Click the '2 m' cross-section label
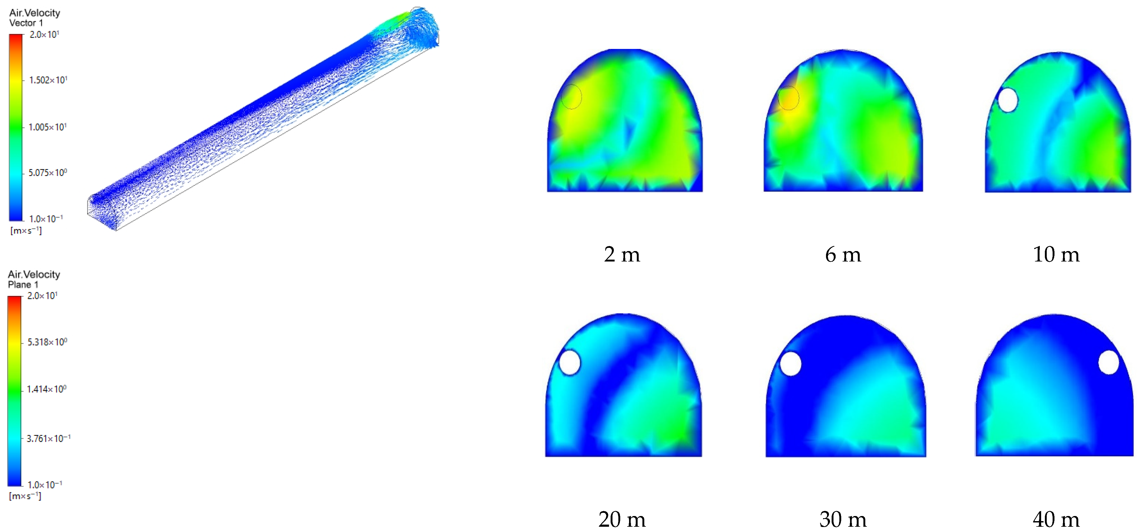tap(622, 255)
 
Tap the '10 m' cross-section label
tap(1056, 255)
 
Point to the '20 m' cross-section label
tap(622, 519)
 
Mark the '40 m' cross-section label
tap(1056, 519)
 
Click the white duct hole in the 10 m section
tap(1008, 100)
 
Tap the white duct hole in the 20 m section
tap(569, 362)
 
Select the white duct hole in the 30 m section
tap(790, 364)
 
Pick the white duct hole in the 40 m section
tap(1108, 362)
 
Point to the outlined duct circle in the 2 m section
tap(571, 97)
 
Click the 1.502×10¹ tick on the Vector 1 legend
tap(48, 80)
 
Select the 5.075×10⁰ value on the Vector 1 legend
tap(47, 173)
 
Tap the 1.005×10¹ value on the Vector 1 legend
tap(47, 127)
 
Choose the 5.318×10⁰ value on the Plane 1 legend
tap(47, 342)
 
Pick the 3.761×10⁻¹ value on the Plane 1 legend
tap(48, 438)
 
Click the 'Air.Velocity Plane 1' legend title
tap(34, 279)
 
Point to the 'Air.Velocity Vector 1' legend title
tap(34, 18)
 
